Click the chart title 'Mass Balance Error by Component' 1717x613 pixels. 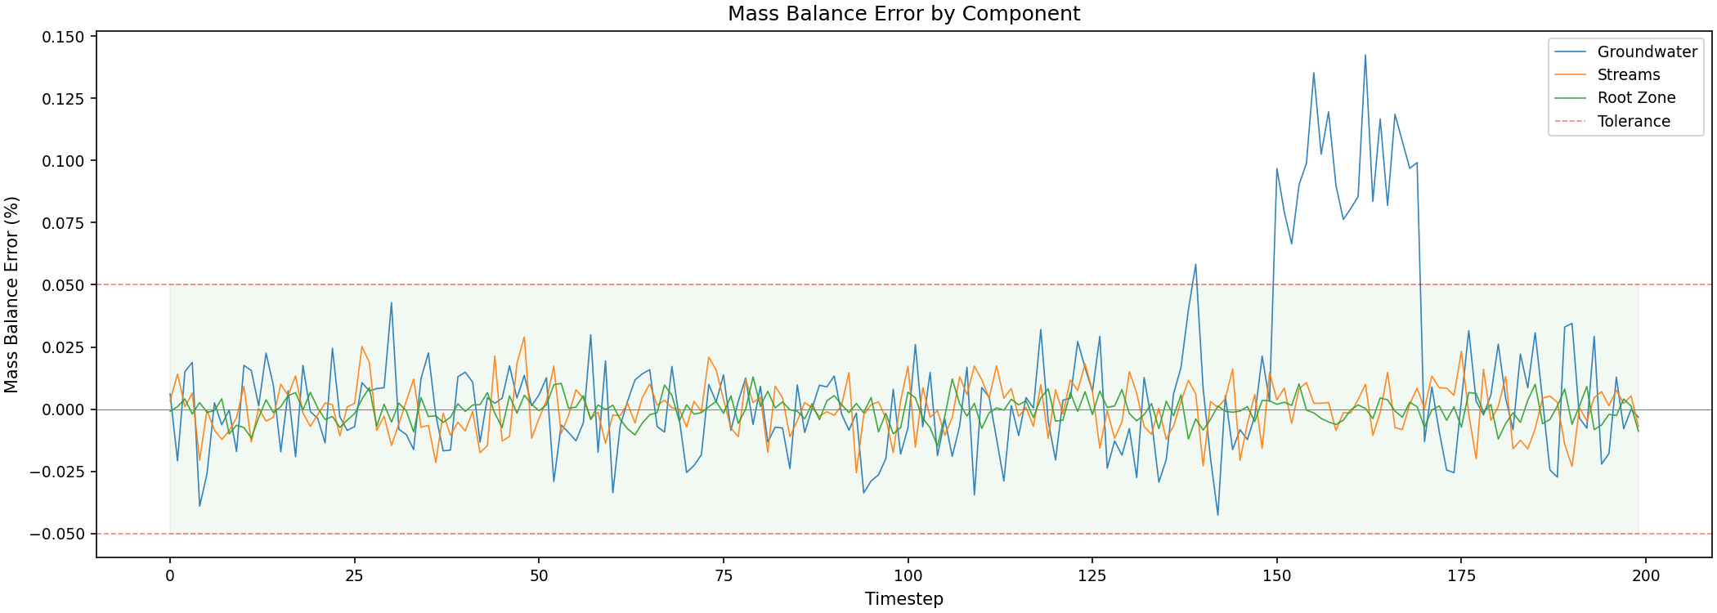(903, 14)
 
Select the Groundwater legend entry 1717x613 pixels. (1647, 52)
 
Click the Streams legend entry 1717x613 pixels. (1628, 75)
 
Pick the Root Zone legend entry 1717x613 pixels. (1636, 98)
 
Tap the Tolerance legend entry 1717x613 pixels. (1634, 122)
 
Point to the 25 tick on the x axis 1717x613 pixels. (354, 575)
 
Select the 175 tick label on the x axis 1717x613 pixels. (1461, 575)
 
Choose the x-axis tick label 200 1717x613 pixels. (1646, 575)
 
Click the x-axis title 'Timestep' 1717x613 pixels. (903, 599)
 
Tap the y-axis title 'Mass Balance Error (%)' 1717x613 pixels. (11, 294)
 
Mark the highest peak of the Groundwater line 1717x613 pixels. (1365, 55)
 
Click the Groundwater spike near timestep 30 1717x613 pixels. (392, 302)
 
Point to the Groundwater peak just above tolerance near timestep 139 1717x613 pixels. (1195, 264)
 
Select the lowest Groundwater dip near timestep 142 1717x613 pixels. (1217, 515)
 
